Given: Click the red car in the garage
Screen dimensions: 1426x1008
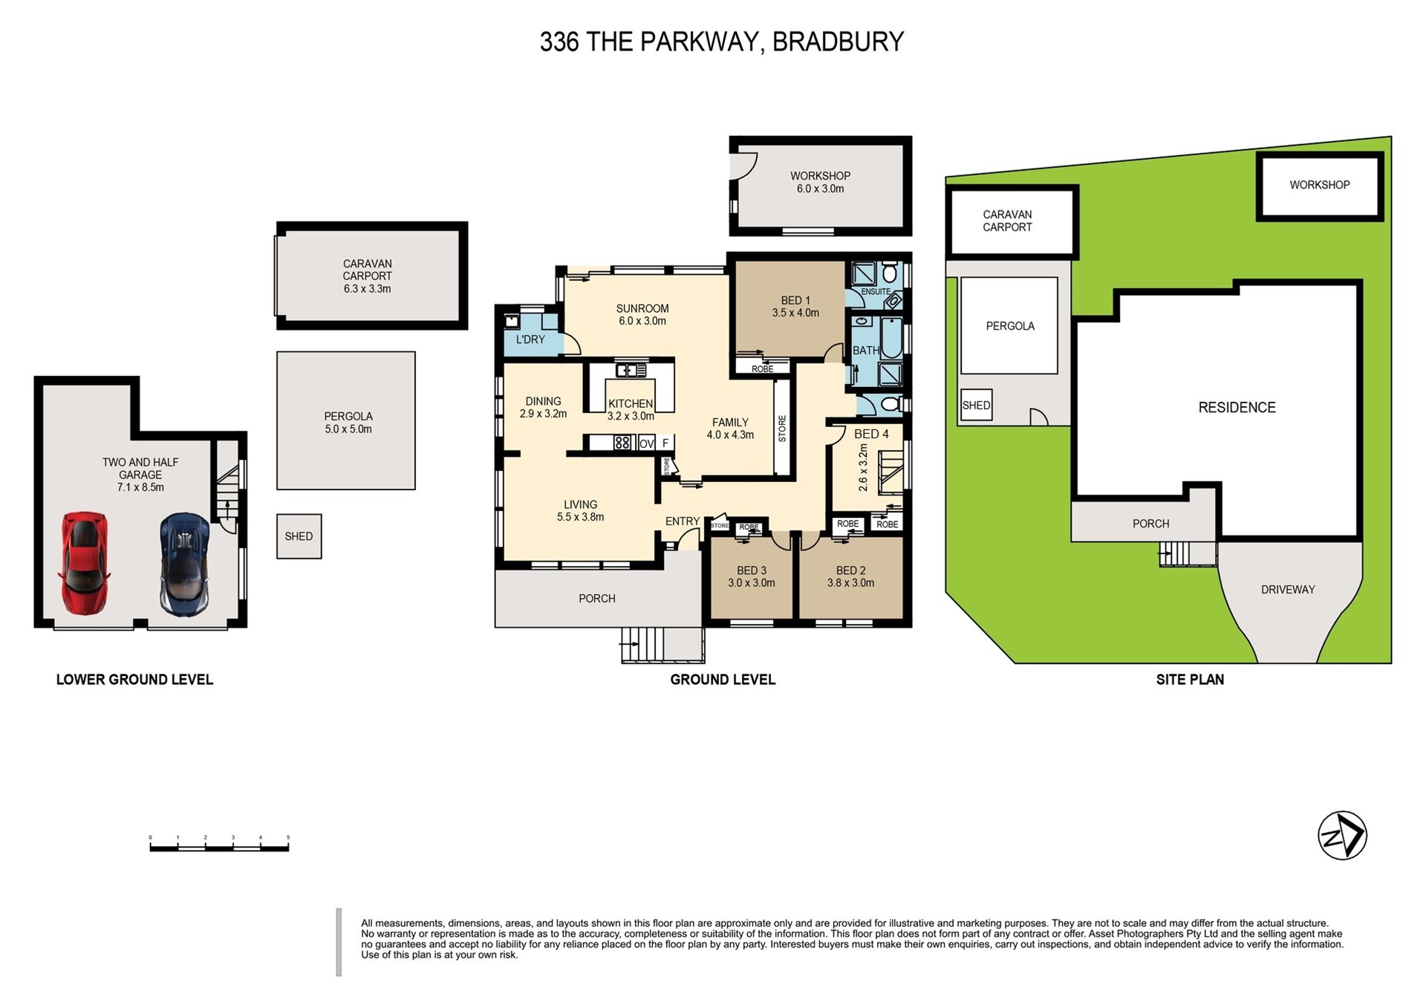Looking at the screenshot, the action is click(84, 563).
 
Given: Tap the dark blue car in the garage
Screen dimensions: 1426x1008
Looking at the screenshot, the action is click(184, 565).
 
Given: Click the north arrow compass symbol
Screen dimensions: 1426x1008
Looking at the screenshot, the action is click(1342, 836).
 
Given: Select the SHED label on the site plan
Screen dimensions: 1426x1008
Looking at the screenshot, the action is click(976, 406).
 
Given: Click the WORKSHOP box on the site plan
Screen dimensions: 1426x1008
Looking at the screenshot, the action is click(1319, 186).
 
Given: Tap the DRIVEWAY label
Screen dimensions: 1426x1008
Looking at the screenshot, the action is click(1288, 590).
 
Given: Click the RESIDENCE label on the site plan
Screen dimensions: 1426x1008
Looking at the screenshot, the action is click(1237, 407).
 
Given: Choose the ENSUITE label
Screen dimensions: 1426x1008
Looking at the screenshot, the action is click(876, 292).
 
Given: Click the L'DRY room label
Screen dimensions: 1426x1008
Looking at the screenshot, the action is click(530, 339).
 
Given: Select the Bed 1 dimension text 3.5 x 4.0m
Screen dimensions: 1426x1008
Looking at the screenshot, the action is click(795, 313).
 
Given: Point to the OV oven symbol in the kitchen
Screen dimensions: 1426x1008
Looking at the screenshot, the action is click(646, 443).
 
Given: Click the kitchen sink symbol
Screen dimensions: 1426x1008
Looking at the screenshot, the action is click(631, 369).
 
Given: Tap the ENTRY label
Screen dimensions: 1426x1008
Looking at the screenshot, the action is click(682, 521).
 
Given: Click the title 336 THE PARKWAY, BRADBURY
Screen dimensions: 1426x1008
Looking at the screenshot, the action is click(721, 42).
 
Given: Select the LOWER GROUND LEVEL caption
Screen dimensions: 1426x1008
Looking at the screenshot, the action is click(134, 680).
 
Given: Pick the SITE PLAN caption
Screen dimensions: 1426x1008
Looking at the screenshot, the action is click(1190, 680).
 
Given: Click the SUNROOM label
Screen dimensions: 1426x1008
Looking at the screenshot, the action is click(642, 309).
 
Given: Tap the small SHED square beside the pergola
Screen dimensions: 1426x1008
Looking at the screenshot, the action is click(299, 536).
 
